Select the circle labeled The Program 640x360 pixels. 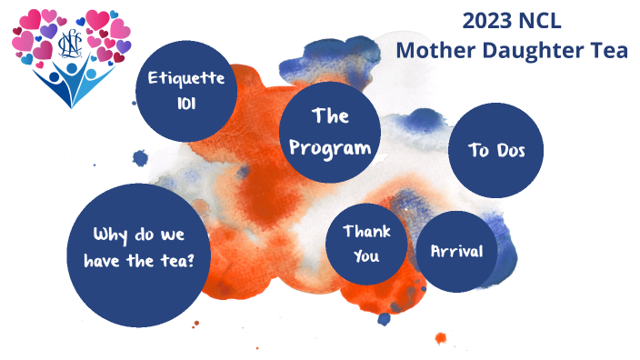pos(329,133)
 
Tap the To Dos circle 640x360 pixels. pos(495,150)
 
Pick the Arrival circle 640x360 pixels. pos(456,252)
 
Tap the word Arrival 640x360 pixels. pos(456,252)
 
